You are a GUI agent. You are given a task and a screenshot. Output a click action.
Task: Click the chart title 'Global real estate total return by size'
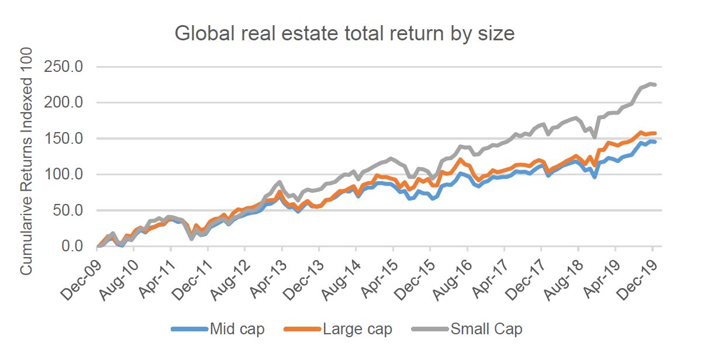click(x=344, y=33)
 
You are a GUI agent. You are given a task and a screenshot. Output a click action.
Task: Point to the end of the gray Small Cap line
click(x=655, y=85)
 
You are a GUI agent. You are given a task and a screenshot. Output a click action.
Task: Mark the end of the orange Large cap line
click(x=655, y=133)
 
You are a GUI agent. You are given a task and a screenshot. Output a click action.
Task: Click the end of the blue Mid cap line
click(x=655, y=142)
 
